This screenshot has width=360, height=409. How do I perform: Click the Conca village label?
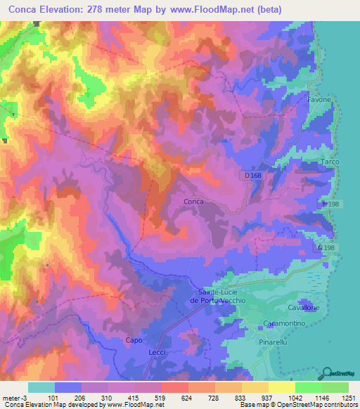[x=193, y=202]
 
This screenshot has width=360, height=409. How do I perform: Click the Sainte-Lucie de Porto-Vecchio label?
[x=217, y=296]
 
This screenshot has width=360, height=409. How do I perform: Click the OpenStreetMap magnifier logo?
[x=328, y=372]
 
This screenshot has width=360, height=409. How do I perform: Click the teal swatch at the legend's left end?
[x=41, y=387]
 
